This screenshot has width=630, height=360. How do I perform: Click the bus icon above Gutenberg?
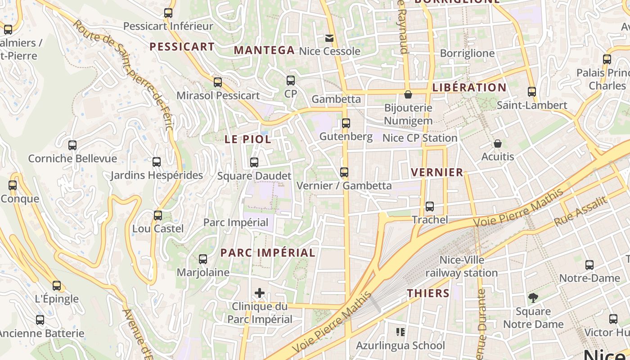pos(346,123)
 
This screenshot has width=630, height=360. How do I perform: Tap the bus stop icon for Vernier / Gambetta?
pos(344,172)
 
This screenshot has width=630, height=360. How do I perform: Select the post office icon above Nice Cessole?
pos(329,38)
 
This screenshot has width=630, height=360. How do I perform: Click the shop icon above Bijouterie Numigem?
pos(408,94)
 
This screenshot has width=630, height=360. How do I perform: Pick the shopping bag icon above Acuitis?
pos(497,144)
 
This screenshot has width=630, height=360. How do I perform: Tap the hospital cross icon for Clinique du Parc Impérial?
pos(260,293)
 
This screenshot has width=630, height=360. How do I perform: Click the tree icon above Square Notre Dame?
pos(533,297)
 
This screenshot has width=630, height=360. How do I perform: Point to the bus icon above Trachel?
pos(430,207)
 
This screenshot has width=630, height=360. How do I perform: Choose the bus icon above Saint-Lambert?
pos(532,92)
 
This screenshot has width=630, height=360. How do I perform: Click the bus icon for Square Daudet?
pos(254,162)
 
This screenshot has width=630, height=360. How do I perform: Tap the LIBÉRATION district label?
pos(469,87)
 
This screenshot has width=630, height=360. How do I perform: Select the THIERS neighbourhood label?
pos(428,293)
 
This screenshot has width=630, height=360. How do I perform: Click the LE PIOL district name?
pos(248,139)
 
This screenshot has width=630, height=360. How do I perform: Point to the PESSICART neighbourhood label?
pos(182,46)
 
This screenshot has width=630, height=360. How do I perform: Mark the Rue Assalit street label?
pos(580,211)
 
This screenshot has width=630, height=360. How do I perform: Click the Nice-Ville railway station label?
pos(462,266)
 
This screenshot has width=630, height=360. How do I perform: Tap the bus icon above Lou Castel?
pos(158,215)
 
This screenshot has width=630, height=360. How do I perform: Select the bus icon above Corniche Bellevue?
pos(72,145)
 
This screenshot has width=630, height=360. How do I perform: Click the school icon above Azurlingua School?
pos(400,332)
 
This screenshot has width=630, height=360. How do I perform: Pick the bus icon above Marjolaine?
pos(203,259)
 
